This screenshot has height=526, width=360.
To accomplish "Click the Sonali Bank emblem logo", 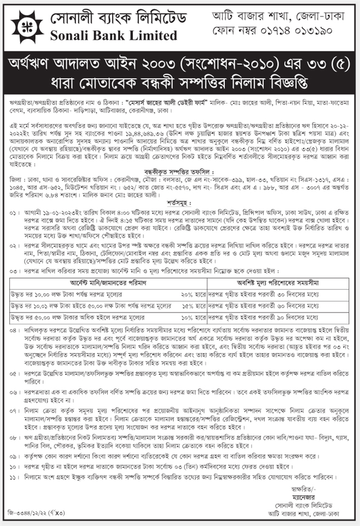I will pyautogui.click(x=22, y=26).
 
